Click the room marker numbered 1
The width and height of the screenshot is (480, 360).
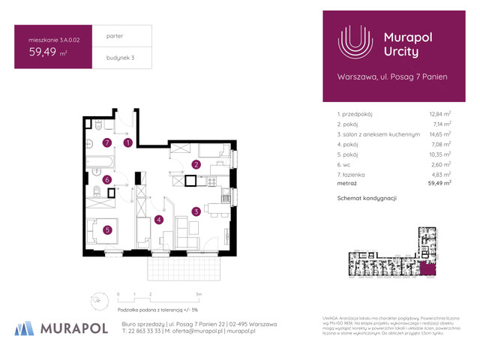point(128,142)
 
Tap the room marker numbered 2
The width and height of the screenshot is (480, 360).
point(196,164)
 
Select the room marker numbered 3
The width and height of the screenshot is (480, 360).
point(195,211)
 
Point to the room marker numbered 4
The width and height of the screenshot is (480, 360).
point(159,220)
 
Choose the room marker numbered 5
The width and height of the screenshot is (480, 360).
point(107,230)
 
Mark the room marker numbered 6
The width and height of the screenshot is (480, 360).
point(107,180)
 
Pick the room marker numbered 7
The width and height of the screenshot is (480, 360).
point(107,142)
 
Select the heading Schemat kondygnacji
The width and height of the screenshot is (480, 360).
point(367,198)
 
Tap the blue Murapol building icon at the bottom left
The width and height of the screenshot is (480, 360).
point(25,327)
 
